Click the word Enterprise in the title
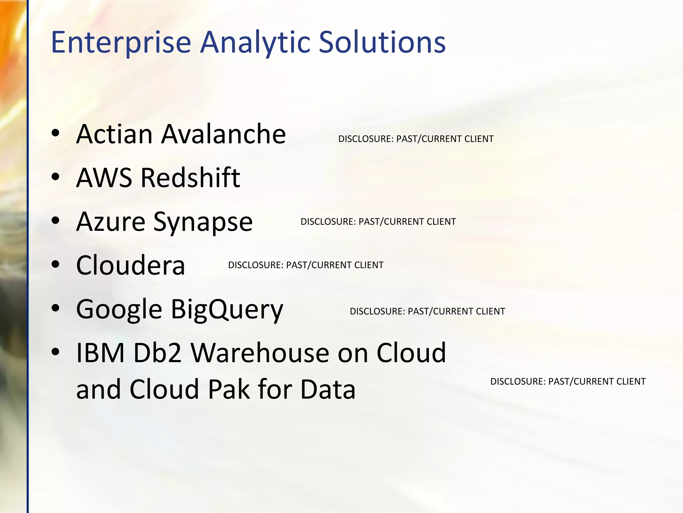[x=121, y=42]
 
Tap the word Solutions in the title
[x=382, y=42]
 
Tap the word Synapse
[x=203, y=222]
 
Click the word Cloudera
[x=130, y=265]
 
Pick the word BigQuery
[x=227, y=310]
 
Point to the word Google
[x=119, y=310]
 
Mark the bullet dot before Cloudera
[x=55, y=264]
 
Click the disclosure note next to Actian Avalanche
[x=416, y=139]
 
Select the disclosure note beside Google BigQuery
[x=427, y=311]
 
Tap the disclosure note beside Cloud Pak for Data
[x=568, y=381]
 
